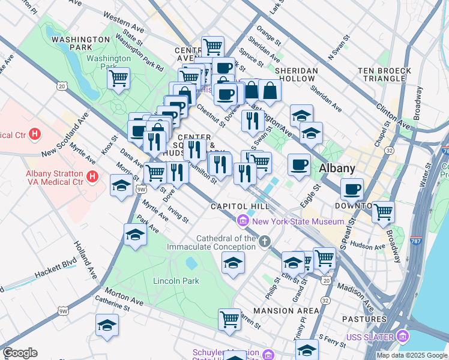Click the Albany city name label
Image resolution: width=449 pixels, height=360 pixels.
point(337,168)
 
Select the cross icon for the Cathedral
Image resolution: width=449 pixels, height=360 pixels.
point(265,242)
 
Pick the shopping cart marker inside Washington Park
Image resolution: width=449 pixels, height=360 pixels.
point(119,78)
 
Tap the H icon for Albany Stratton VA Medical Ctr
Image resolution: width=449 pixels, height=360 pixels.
point(92,176)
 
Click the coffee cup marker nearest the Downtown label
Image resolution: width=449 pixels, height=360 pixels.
point(352,190)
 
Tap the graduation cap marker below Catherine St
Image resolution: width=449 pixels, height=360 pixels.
point(107,325)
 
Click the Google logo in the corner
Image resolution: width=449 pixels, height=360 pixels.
point(20,353)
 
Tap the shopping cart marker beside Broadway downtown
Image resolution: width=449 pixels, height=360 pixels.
point(382,211)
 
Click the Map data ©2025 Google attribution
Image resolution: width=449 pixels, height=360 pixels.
point(412,355)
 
